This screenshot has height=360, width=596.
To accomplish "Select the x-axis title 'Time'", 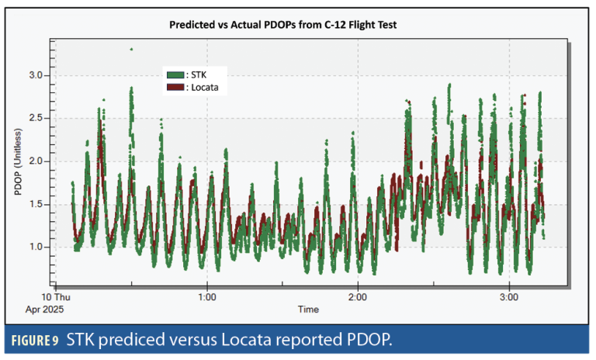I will point(308,309).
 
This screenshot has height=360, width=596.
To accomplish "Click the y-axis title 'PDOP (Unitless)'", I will point(18,161).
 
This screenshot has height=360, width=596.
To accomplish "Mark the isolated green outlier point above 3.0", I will point(131,49).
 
